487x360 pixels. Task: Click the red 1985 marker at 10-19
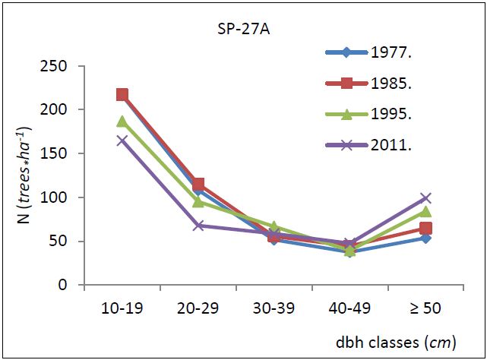(122, 95)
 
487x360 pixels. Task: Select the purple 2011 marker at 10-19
(122, 141)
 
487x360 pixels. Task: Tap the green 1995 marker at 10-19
(122, 122)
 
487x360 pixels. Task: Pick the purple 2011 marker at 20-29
(198, 226)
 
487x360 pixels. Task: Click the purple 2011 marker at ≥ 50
(425, 198)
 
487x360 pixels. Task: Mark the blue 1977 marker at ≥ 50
(425, 238)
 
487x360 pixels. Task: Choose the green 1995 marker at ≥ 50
(425, 212)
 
